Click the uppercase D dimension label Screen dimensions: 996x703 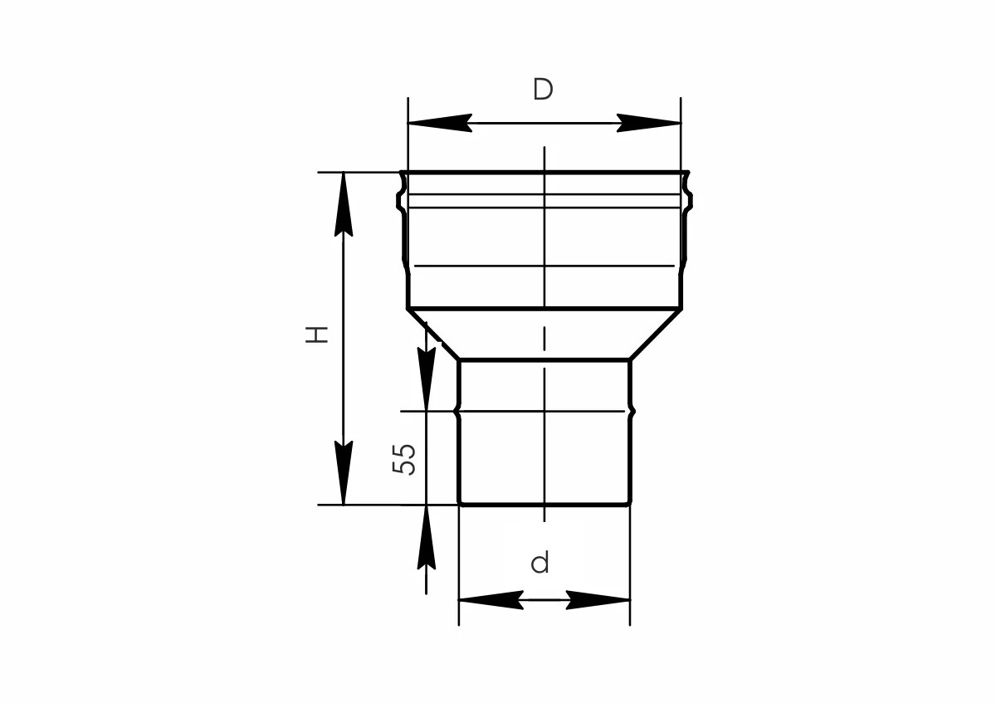pos(543,90)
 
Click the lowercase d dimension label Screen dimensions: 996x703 pos(540,563)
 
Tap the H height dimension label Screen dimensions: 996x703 pos(316,334)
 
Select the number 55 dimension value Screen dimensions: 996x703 pos(403,459)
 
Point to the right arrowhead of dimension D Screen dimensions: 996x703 pos(649,123)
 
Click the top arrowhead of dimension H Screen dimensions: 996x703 pos(344,204)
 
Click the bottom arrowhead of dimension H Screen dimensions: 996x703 pos(344,472)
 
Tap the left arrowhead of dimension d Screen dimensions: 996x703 pos(491,600)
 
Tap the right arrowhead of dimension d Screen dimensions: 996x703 pos(598,600)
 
